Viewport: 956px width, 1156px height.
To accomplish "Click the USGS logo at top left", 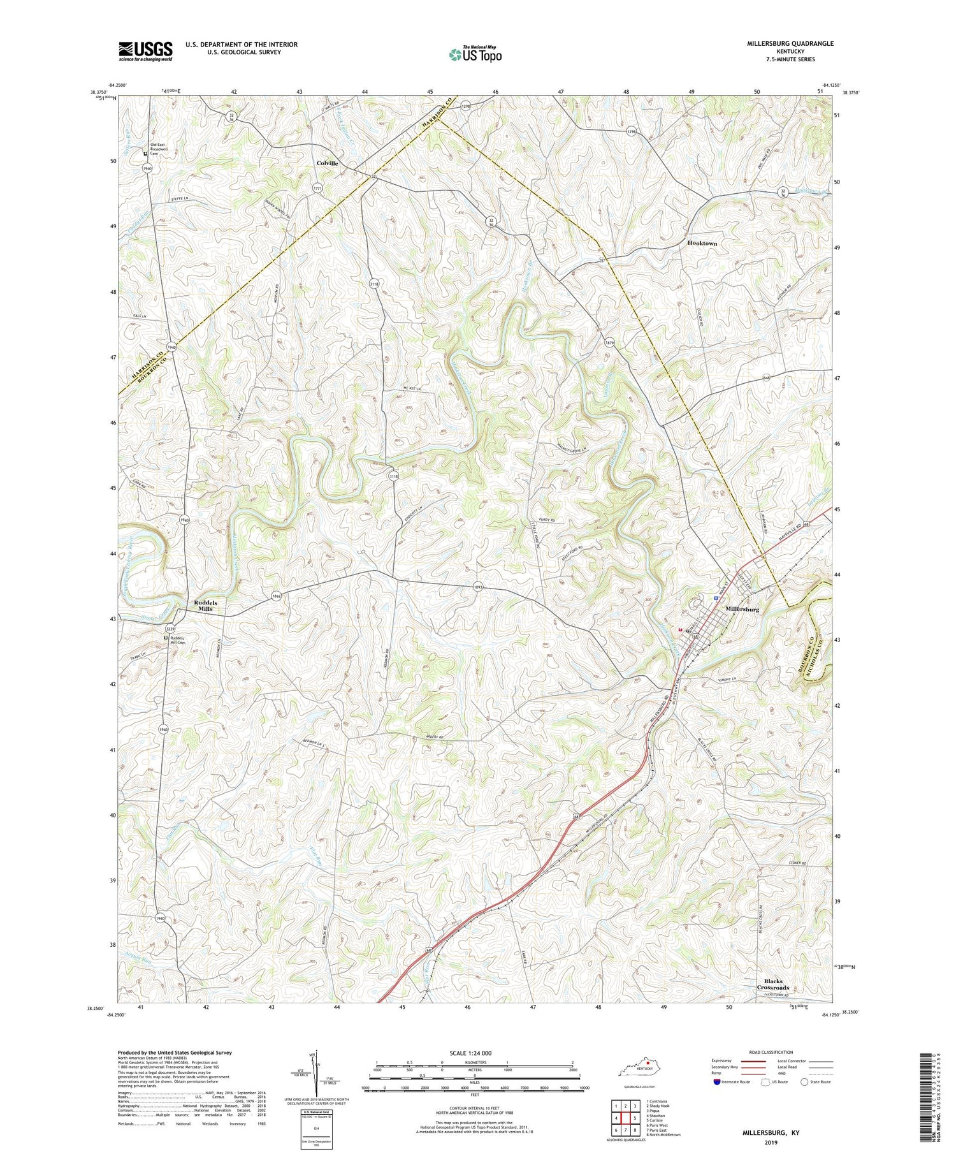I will (x=145, y=51).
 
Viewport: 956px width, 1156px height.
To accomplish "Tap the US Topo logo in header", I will (x=475, y=55).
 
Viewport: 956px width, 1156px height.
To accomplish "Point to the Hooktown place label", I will (x=707, y=244).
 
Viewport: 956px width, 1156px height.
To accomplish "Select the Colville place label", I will (x=328, y=163).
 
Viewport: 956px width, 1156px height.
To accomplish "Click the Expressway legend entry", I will (x=724, y=1062).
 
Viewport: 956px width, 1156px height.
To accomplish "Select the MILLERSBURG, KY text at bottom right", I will (x=772, y=1134).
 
